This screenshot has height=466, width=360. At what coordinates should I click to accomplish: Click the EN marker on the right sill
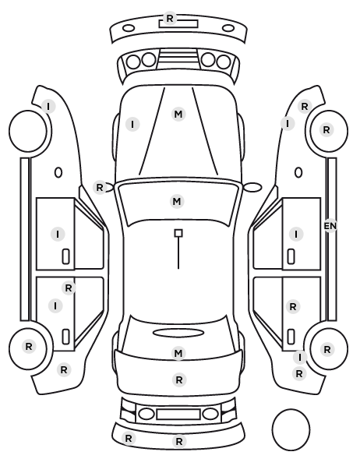click(x=330, y=226)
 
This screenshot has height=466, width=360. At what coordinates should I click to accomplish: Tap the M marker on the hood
click(x=178, y=114)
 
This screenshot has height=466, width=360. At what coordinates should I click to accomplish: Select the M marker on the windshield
click(x=177, y=202)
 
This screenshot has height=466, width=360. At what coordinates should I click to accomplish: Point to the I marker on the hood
click(x=132, y=124)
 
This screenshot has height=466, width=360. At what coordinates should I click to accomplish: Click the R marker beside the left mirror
click(x=100, y=188)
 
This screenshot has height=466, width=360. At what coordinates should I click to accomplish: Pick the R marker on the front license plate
click(x=170, y=19)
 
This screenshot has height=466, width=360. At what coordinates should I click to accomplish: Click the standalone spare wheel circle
click(x=291, y=429)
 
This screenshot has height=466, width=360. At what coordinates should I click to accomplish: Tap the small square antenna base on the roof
click(x=178, y=233)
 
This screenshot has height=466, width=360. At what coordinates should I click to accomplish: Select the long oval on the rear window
click(x=178, y=333)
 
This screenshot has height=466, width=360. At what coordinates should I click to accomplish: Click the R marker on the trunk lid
click(x=178, y=380)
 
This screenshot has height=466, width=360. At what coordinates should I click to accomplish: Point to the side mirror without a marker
click(x=252, y=187)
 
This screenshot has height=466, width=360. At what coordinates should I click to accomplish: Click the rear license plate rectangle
click(x=178, y=415)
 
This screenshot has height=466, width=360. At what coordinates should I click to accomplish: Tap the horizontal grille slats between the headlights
click(x=178, y=58)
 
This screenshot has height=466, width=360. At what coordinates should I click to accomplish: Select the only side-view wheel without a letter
click(x=28, y=131)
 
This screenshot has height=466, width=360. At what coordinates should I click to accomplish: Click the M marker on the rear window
click(x=178, y=353)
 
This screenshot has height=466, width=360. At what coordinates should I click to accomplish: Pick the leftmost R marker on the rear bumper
click(x=129, y=438)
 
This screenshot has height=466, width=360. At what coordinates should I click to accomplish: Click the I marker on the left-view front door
click(x=58, y=235)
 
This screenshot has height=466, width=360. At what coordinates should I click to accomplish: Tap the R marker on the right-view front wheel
click(x=326, y=130)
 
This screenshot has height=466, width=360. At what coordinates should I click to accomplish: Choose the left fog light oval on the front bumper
click(x=129, y=29)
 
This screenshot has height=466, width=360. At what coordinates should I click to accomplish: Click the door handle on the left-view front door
click(x=66, y=256)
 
